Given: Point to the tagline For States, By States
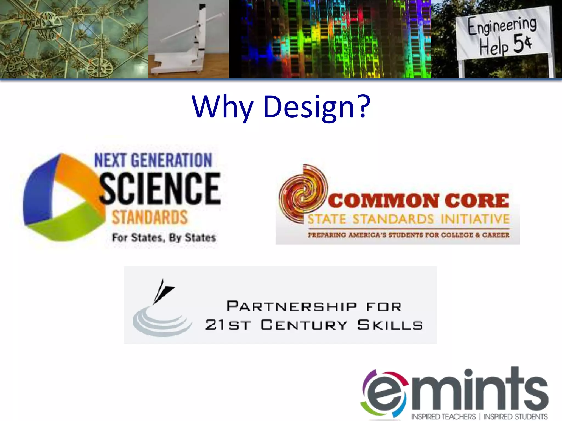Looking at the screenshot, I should pos(164,238).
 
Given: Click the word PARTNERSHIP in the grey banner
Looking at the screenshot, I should pos(291,306).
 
